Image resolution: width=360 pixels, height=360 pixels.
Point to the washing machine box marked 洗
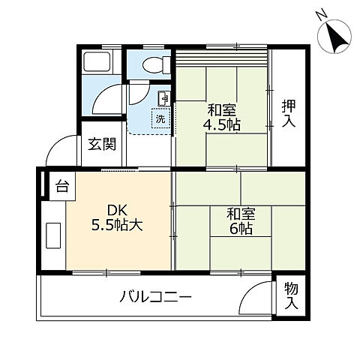(x=160, y=118)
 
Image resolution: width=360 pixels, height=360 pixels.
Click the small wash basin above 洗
(x=163, y=98)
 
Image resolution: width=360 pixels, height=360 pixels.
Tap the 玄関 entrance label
(x=101, y=145)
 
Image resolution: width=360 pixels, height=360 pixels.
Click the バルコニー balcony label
(x=155, y=298)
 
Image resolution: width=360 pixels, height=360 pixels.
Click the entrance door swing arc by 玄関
(x=60, y=151)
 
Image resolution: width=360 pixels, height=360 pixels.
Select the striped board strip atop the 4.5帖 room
(x=221, y=58)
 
